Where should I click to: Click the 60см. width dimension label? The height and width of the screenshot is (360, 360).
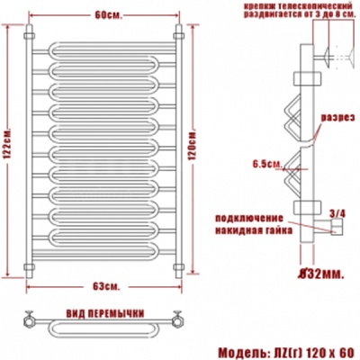tap(107, 14)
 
